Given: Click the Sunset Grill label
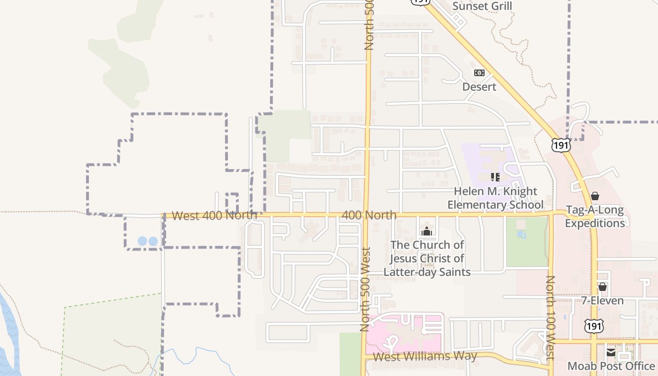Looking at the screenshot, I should coord(482,6).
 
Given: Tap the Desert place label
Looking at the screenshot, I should coord(479,87).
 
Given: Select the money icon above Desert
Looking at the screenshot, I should coord(479,73).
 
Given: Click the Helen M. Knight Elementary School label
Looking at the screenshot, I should coord(495,198).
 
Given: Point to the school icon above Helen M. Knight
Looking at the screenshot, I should coord(495,177).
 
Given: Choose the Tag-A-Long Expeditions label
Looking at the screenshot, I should coord(595,217).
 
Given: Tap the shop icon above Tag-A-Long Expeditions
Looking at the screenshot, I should coord(595,196).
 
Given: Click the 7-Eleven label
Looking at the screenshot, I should coord(603,301).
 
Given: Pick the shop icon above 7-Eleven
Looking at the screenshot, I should coord(603,287).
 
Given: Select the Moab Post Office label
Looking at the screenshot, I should coord(611,366).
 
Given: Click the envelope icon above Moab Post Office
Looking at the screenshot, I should coord(611,352).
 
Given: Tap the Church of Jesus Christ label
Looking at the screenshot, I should coord(427,258).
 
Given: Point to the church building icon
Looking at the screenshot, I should coord(427,231).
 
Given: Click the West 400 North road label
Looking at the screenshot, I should coord(214,216).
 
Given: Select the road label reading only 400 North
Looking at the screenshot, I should coord(369,215).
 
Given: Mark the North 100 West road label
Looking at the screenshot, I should coord(550,317).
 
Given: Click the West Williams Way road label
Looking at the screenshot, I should coord(425,356).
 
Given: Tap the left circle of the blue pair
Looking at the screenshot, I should coord(142,241).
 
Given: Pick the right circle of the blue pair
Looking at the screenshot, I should coord(153,241).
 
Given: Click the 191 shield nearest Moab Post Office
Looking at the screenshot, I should coord(594,326).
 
